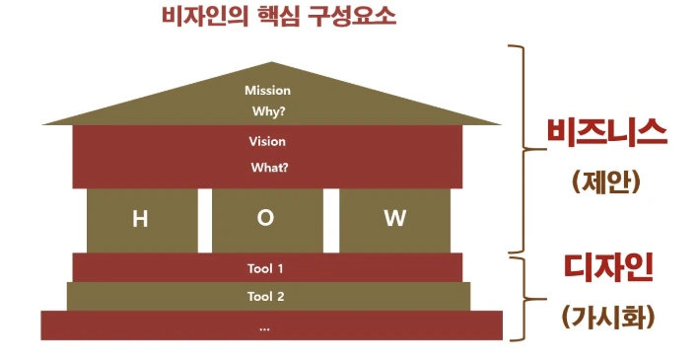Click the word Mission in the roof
267,91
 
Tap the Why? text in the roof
267,110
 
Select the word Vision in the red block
267,141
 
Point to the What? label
269,167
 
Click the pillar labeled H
141,219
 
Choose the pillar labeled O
266,219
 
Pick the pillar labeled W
394,219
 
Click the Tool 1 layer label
266,267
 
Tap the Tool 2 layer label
266,296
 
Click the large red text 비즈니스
607,134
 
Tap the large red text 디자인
607,266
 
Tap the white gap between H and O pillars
205,219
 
